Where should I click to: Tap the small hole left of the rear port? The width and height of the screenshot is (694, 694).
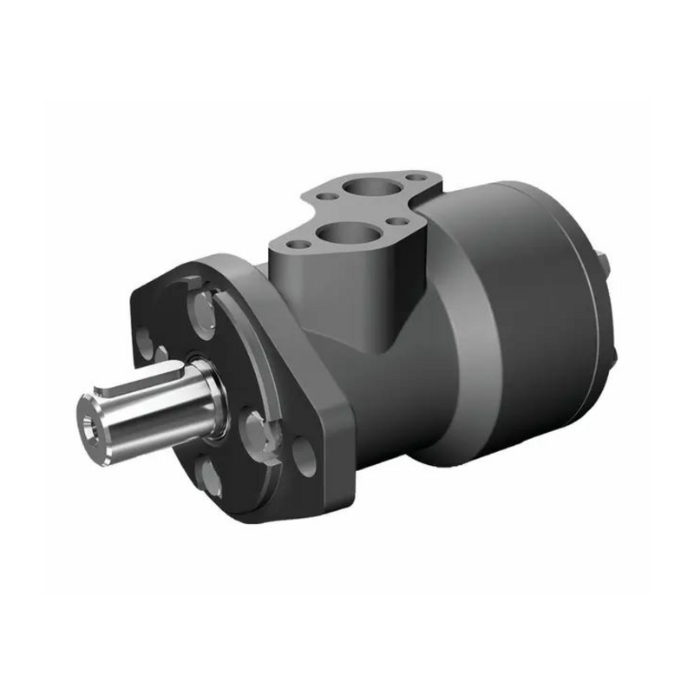click(326, 197)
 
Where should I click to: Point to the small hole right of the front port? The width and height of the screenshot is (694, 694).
click(396, 221)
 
